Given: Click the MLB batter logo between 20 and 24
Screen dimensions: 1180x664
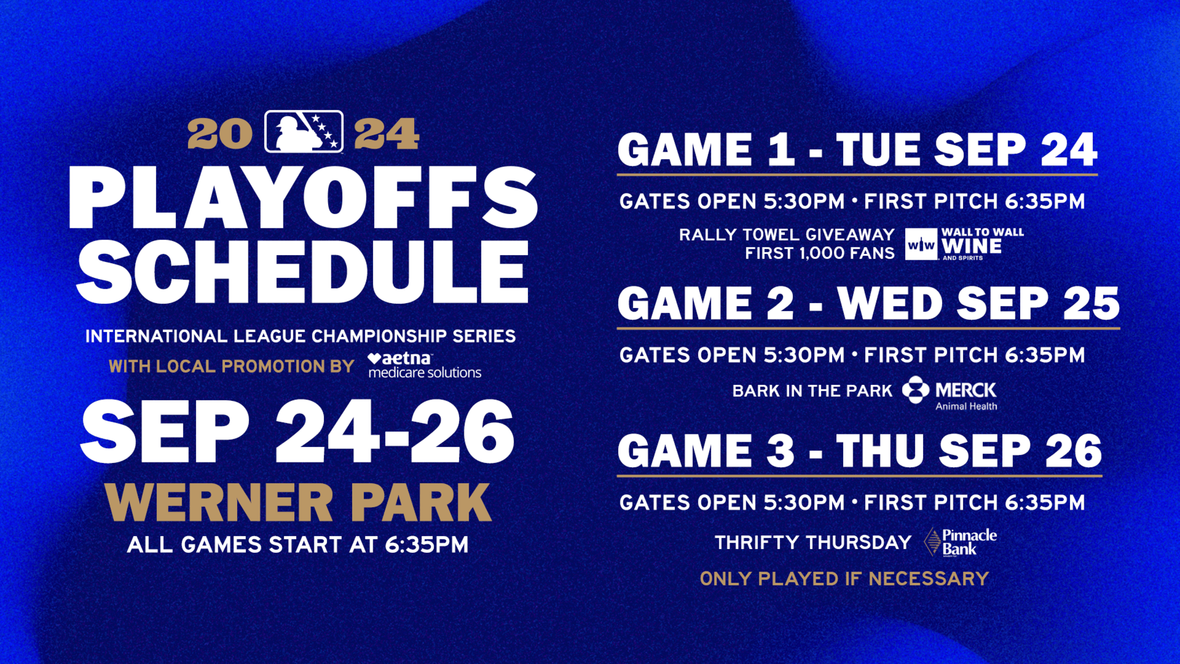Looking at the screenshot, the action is coord(304,132).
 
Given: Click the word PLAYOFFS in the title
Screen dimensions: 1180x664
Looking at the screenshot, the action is coord(304,198).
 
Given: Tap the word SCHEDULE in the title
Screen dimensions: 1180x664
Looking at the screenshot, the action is coord(303,272).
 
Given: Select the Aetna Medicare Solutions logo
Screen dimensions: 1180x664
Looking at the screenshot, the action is coord(425,366).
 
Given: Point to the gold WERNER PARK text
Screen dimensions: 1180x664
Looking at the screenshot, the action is coord(298,502).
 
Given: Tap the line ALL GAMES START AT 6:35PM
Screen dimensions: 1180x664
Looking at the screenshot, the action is coord(298,545).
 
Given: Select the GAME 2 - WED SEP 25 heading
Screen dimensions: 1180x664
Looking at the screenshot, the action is coord(868,303).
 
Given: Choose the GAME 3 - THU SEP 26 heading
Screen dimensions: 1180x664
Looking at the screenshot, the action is coord(859,451).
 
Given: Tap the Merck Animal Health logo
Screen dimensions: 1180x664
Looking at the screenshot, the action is coord(950,393).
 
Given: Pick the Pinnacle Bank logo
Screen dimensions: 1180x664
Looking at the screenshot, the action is coord(960,542).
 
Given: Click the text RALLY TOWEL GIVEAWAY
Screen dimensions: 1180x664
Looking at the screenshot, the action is coord(787,235).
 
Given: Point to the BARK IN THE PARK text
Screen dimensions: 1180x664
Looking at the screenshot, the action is coord(812,391).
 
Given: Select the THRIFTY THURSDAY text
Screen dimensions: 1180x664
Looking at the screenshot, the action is coord(813,543).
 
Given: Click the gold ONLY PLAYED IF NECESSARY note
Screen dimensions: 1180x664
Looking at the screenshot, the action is coord(844,578).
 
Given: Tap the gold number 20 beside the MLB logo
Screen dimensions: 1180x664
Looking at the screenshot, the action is coord(220,134).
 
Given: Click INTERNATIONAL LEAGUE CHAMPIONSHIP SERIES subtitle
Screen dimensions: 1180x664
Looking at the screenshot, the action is coord(300,336).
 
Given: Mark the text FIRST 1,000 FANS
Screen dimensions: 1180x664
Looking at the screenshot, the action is coord(820,253).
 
